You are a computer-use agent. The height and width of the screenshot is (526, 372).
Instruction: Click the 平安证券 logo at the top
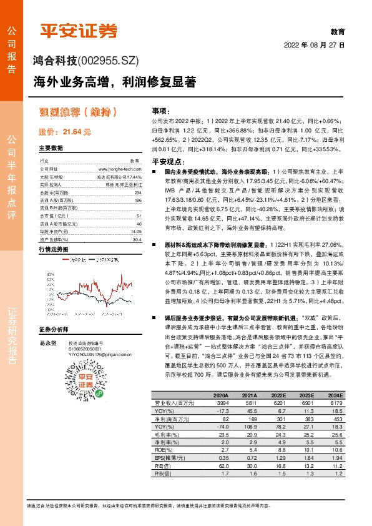pyautogui.click(x=79, y=31)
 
